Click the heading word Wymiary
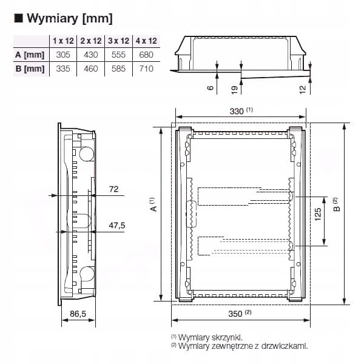pyautogui.click(x=52, y=18)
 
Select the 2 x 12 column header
pyautogui.click(x=91, y=41)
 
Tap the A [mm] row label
pyautogui.click(x=30, y=55)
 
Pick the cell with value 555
pyautogui.click(x=118, y=55)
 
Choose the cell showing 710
pyautogui.click(x=146, y=69)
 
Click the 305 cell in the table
pyautogui.click(x=63, y=55)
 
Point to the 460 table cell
pyautogui.click(x=91, y=69)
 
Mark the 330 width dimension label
pyautogui.click(x=237, y=112)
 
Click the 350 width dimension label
pyautogui.click(x=235, y=314)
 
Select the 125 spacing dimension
pyautogui.click(x=318, y=214)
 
